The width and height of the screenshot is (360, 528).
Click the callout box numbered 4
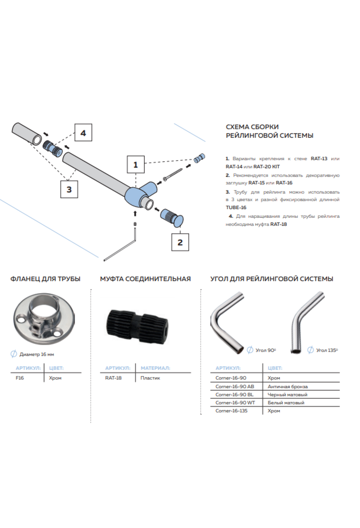pyautogui.click(x=83, y=133)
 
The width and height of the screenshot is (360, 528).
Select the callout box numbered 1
pyautogui.click(x=136, y=164)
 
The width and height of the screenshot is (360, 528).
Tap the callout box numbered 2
pyautogui.click(x=180, y=242)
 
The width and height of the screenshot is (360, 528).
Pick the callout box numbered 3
pyautogui.click(x=69, y=189)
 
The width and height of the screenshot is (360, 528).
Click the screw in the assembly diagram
pyautogui.click(x=173, y=175)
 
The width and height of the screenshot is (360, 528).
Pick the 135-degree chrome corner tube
pyautogui.click(x=306, y=322)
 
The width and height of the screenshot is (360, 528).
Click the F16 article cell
pyautogui.click(x=20, y=378)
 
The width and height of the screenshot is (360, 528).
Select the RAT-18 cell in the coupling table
pyautogui.click(x=113, y=378)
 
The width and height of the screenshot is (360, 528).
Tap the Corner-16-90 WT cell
pyautogui.click(x=235, y=403)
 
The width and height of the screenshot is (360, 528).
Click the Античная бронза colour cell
pyautogui.click(x=287, y=386)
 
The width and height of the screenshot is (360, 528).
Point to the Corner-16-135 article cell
pyautogui.click(x=231, y=411)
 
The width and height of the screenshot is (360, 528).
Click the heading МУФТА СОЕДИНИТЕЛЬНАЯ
pyautogui.click(x=145, y=279)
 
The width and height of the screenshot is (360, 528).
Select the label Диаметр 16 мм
pyautogui.click(x=37, y=354)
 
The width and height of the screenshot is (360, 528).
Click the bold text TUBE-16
pyautogui.click(x=236, y=207)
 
